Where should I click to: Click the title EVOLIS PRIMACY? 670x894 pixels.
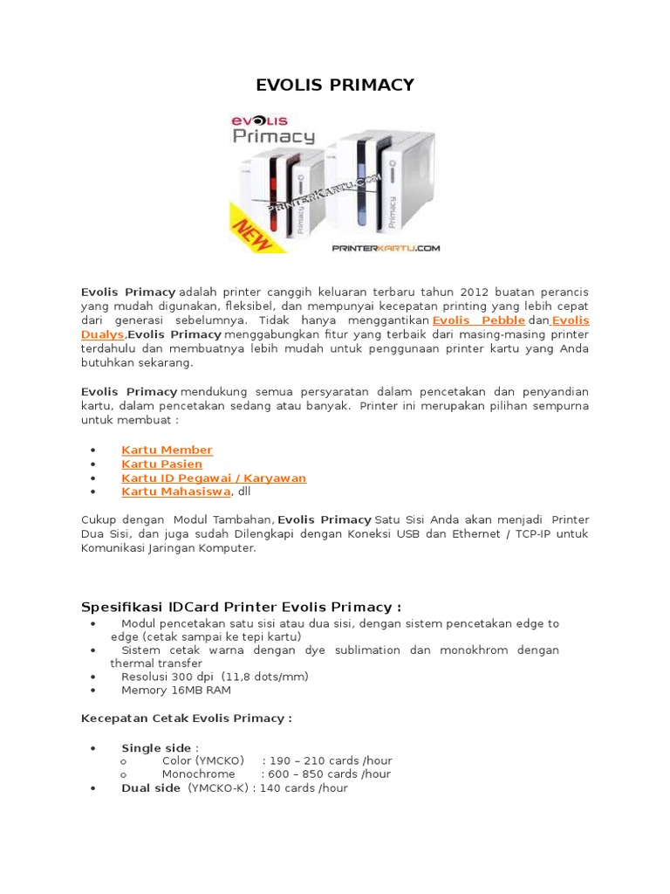click(334, 85)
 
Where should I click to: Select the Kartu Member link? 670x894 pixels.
click(167, 450)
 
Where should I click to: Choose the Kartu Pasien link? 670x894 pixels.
click(161, 464)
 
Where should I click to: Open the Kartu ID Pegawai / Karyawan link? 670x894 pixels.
click(214, 478)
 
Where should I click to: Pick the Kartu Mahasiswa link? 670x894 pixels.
click(175, 492)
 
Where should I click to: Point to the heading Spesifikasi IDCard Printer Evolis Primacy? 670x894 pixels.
click(241, 607)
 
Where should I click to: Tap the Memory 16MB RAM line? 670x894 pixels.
click(176, 691)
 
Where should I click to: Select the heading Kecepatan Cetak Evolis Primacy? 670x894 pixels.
click(186, 718)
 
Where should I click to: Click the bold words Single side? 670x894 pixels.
click(155, 748)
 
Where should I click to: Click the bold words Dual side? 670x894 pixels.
click(151, 787)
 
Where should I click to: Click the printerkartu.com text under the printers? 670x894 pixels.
click(386, 248)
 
